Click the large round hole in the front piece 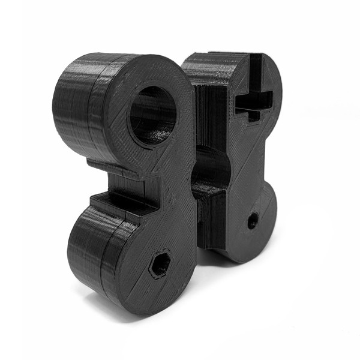point(153,115)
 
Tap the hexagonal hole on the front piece point(159,265)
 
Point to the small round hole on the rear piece point(253,221)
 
